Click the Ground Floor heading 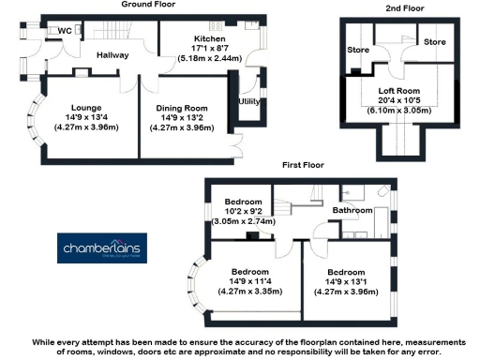tap(150, 5)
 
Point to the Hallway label tap(112, 55)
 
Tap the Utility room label tap(249, 100)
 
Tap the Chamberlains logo tap(100, 249)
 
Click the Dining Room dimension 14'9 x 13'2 tap(181, 117)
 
